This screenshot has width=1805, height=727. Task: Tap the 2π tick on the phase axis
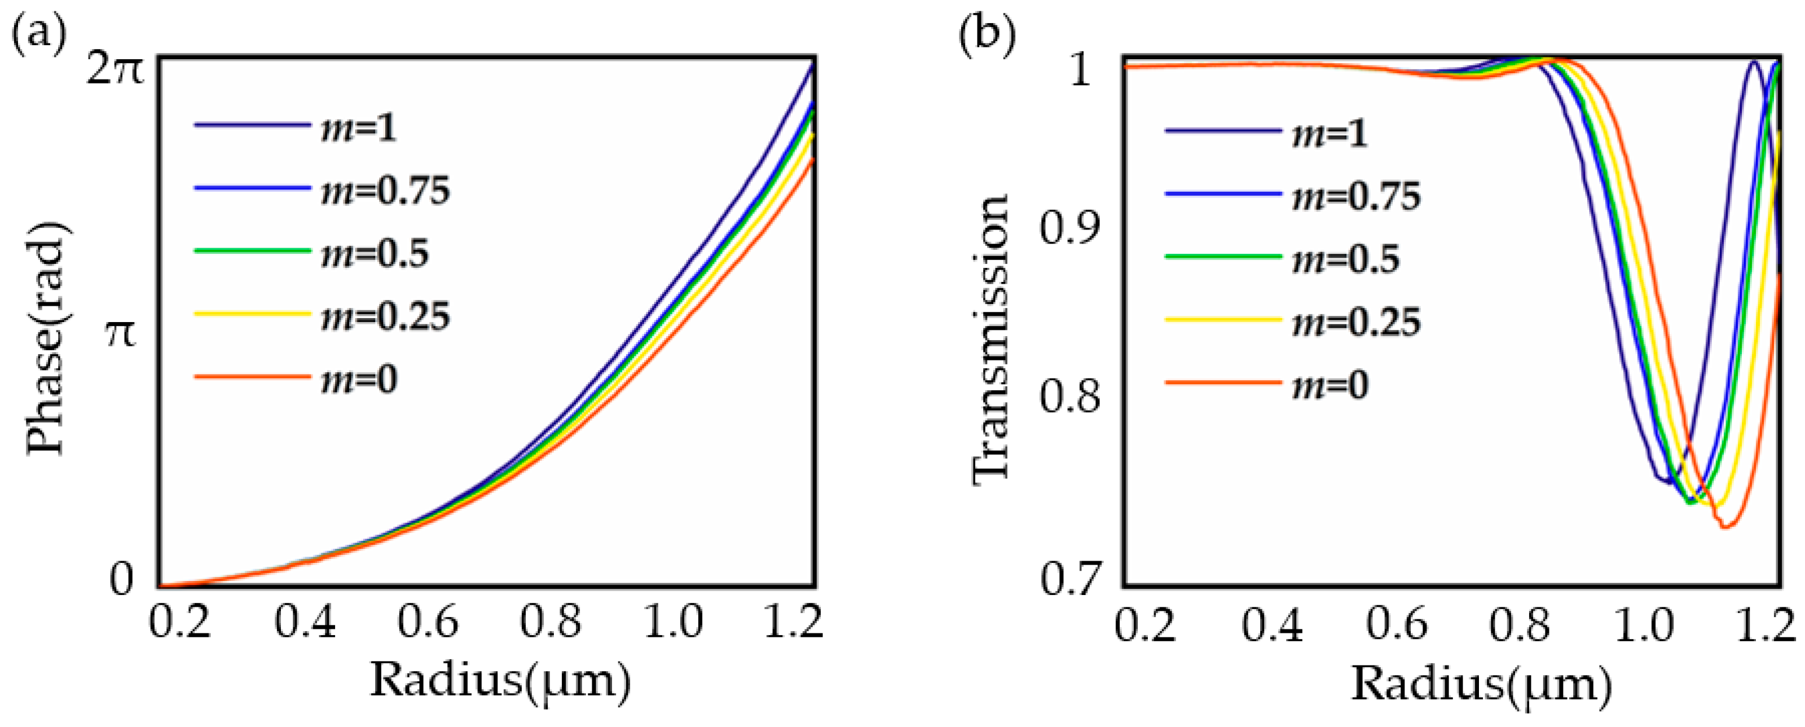114,70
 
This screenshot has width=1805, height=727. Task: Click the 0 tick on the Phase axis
121,579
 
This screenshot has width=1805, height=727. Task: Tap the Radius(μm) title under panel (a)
500,681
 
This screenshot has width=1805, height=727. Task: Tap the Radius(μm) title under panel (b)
1481,684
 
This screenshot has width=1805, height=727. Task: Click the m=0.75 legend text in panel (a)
385,191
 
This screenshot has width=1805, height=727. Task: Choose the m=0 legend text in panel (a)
359,380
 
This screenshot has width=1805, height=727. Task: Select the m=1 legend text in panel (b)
1329,133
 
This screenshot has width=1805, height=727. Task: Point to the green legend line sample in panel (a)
252,250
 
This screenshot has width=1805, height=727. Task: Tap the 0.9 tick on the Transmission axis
1070,228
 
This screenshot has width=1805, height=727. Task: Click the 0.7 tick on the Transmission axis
1070,579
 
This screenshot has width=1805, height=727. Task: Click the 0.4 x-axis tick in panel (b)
1272,625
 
